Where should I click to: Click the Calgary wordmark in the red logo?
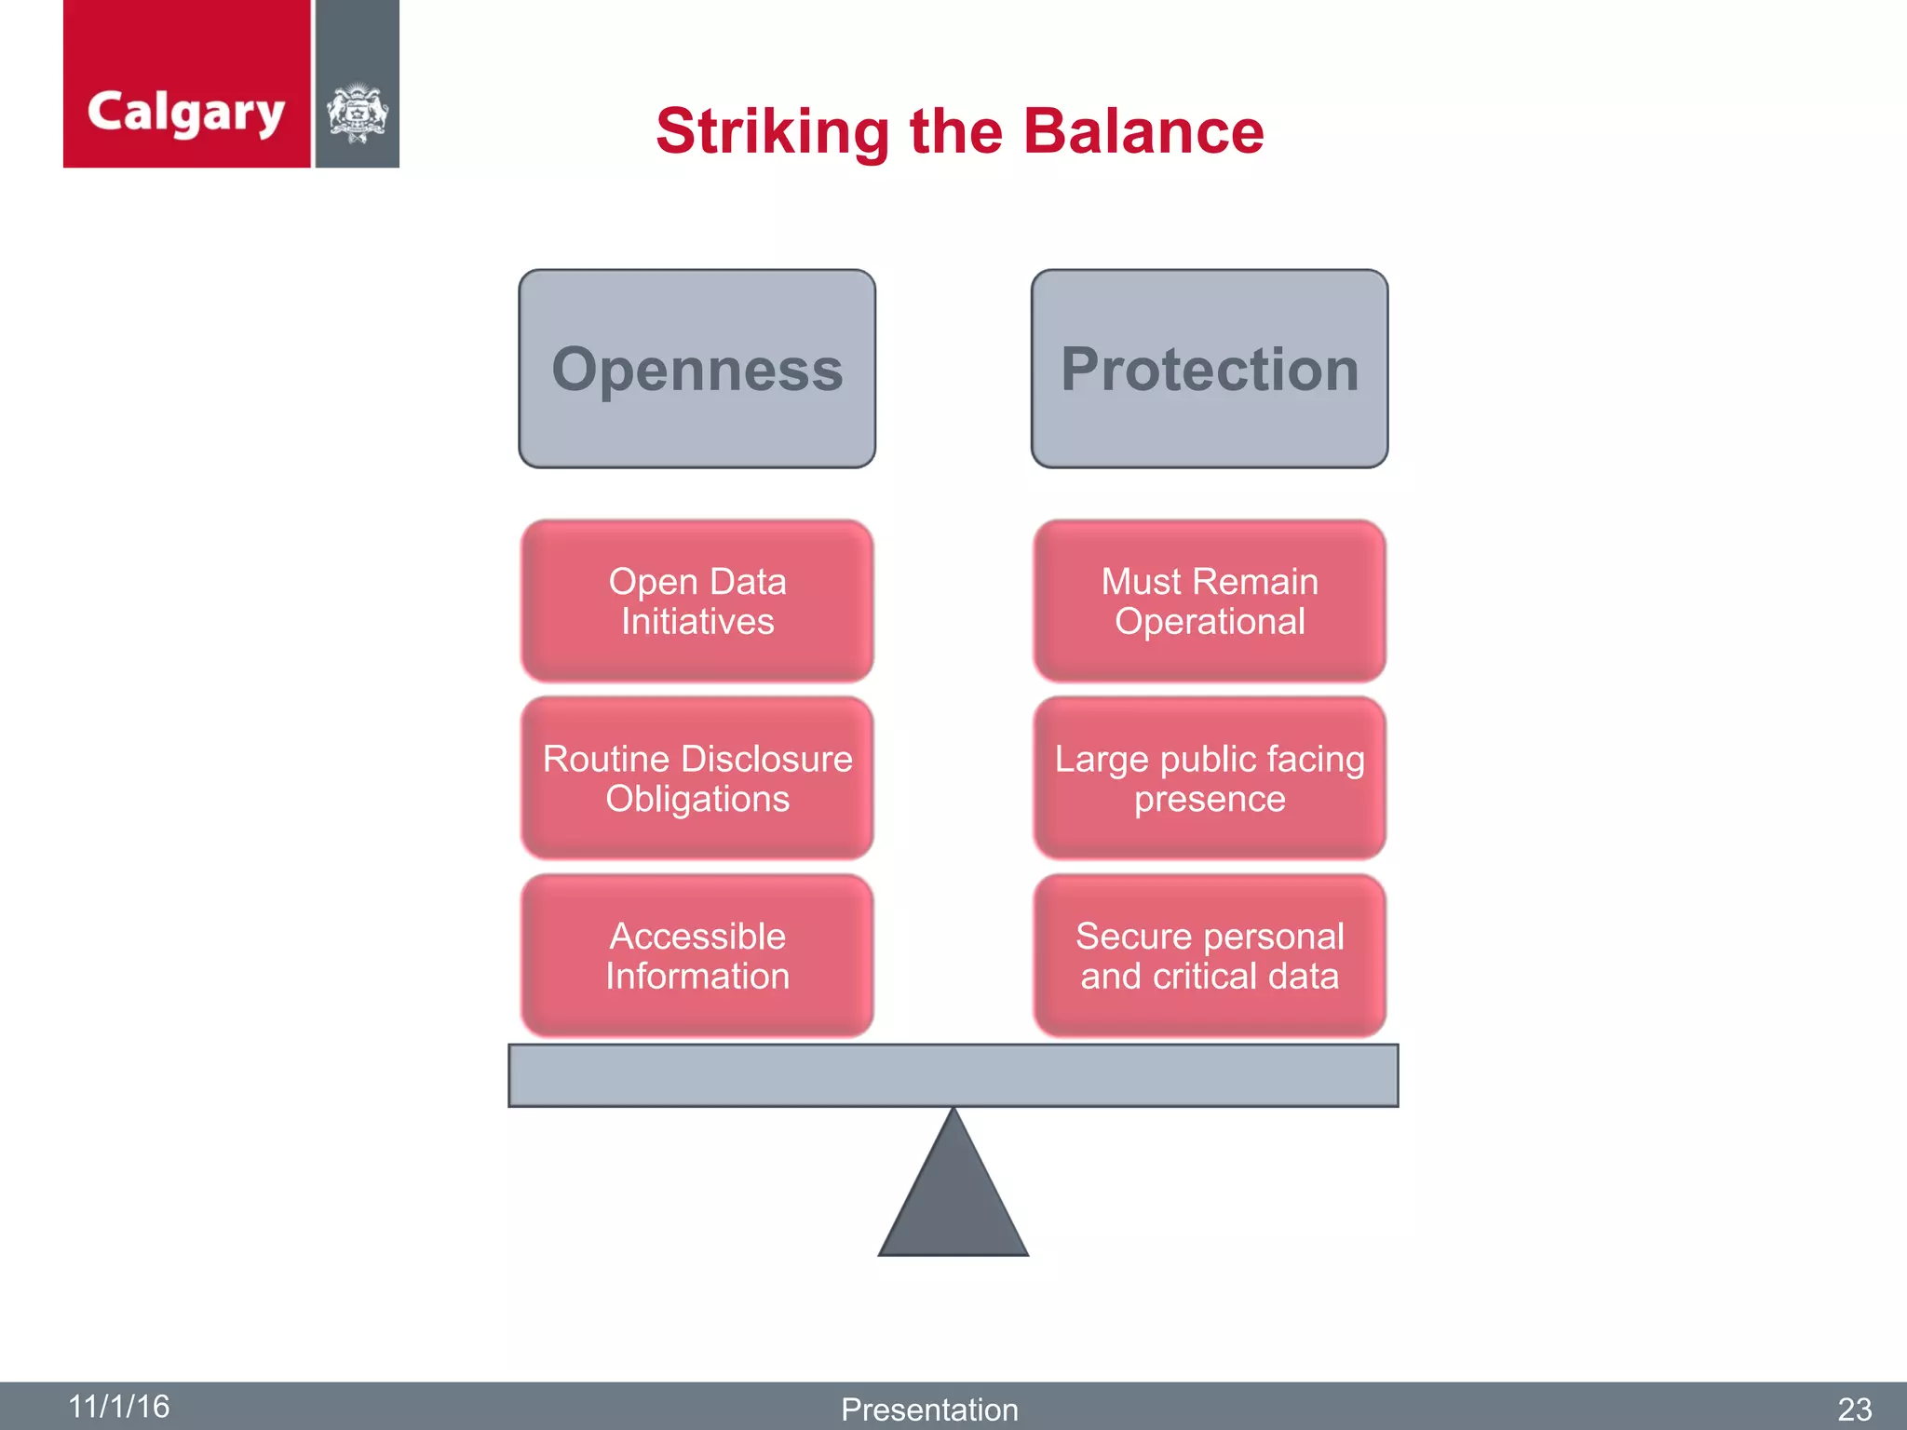click(x=185, y=113)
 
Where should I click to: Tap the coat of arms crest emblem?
click(x=357, y=114)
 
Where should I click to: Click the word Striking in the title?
click(x=772, y=131)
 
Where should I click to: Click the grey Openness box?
click(x=697, y=369)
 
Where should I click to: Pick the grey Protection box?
click(x=1209, y=369)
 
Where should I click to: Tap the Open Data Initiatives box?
click(x=697, y=601)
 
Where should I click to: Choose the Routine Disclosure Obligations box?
click(x=697, y=778)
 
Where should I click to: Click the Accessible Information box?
click(x=697, y=955)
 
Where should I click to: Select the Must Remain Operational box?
click(x=1209, y=601)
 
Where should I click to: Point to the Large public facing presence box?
click(x=1209, y=778)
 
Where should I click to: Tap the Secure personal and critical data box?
click(x=1209, y=955)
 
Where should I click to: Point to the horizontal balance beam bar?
click(x=953, y=1075)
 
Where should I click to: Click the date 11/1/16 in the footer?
click(x=119, y=1406)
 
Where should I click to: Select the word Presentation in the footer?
click(x=929, y=1410)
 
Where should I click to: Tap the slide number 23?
click(x=1854, y=1410)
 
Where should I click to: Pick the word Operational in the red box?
click(x=1210, y=622)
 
